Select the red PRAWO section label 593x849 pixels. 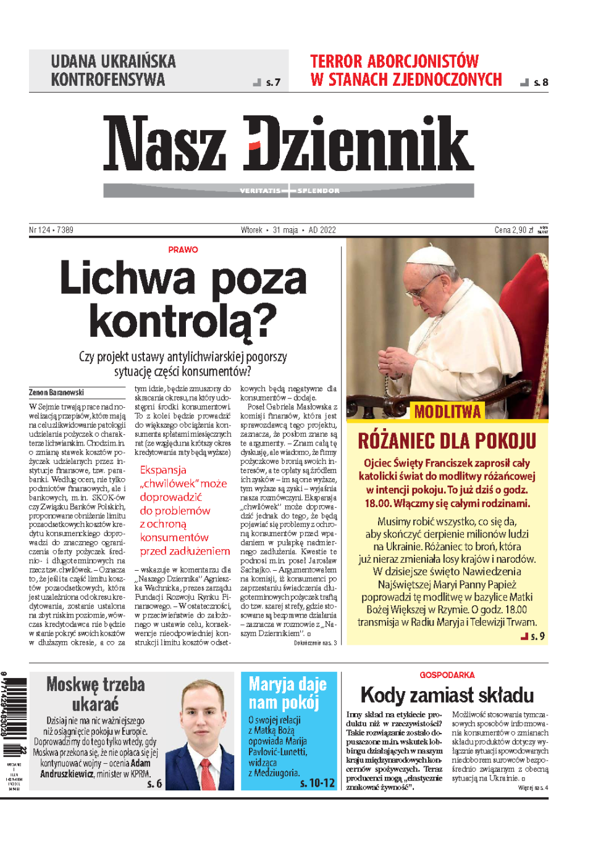[183, 250]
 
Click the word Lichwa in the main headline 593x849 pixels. [127, 279]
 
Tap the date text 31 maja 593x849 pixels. [285, 230]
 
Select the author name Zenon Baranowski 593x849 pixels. [56, 392]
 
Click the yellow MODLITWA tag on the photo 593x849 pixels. [447, 412]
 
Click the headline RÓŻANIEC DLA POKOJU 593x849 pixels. [447, 441]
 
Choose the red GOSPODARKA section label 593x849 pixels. [447, 675]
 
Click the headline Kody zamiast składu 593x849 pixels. [447, 695]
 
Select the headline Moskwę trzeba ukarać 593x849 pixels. [96, 694]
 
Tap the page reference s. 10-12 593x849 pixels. [318, 783]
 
